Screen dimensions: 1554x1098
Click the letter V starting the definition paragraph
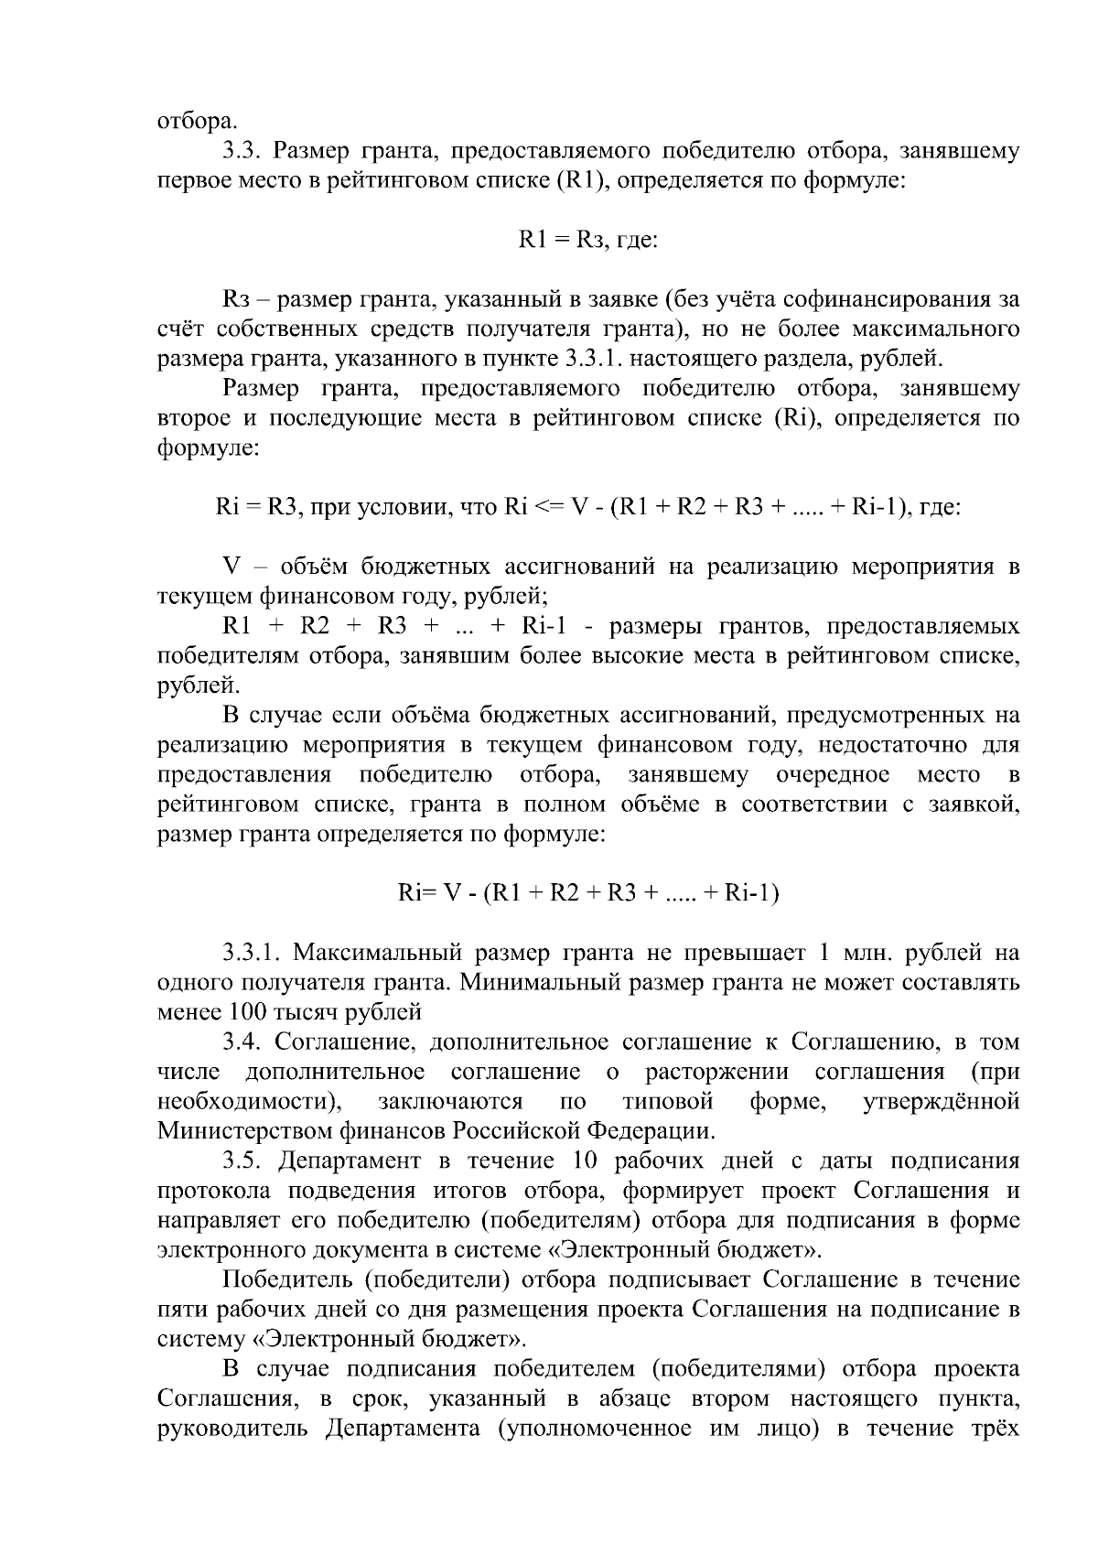(231, 567)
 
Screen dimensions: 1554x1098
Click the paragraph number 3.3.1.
(250, 953)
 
